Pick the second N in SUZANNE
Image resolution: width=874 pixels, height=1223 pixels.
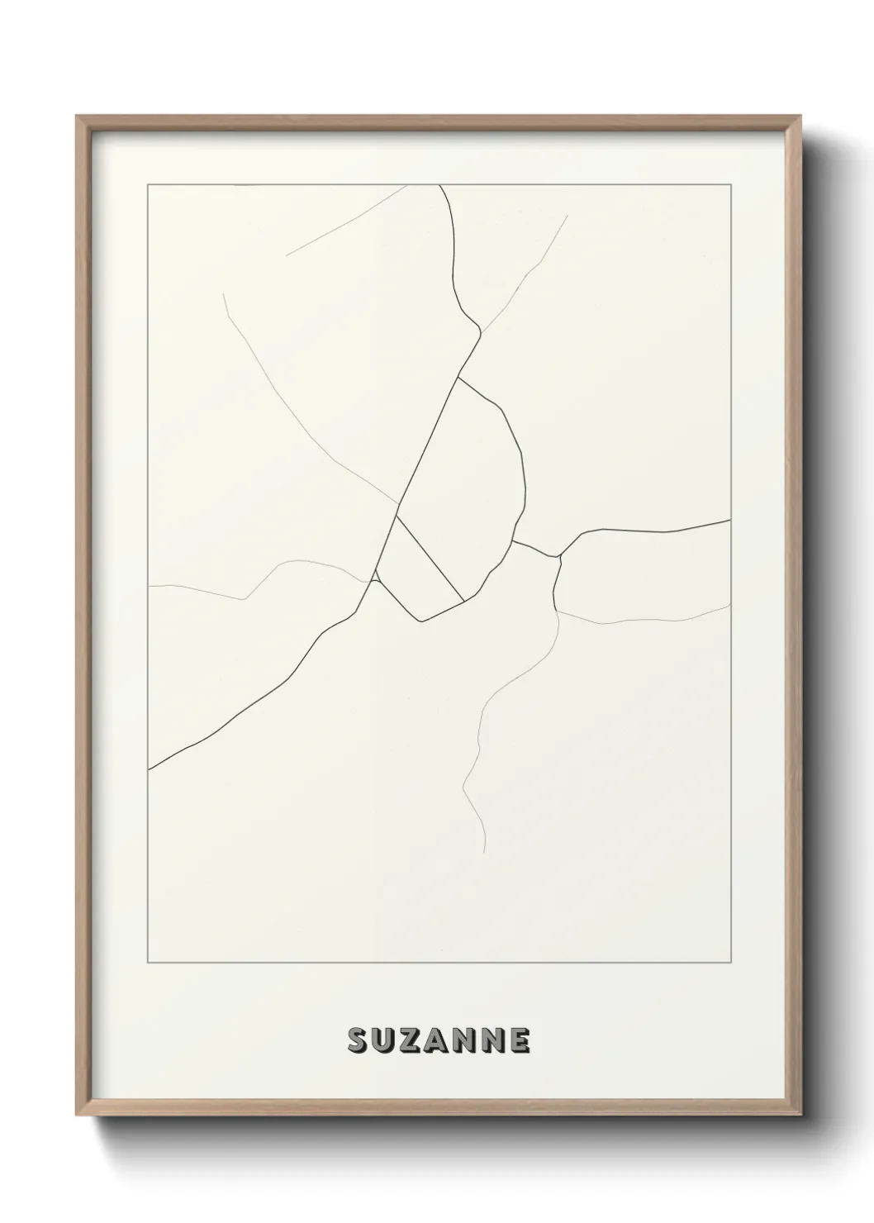[x=493, y=1040]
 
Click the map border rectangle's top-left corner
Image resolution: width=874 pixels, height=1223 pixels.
[x=148, y=184]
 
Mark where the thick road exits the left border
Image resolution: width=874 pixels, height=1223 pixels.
[x=149, y=769]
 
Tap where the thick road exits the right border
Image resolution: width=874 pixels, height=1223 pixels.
[x=730, y=520]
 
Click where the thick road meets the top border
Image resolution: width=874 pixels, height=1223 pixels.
[x=439, y=185]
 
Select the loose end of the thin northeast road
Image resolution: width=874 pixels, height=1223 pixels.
[x=568, y=216]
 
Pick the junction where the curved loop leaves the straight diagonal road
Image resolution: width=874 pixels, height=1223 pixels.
[x=458, y=378]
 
